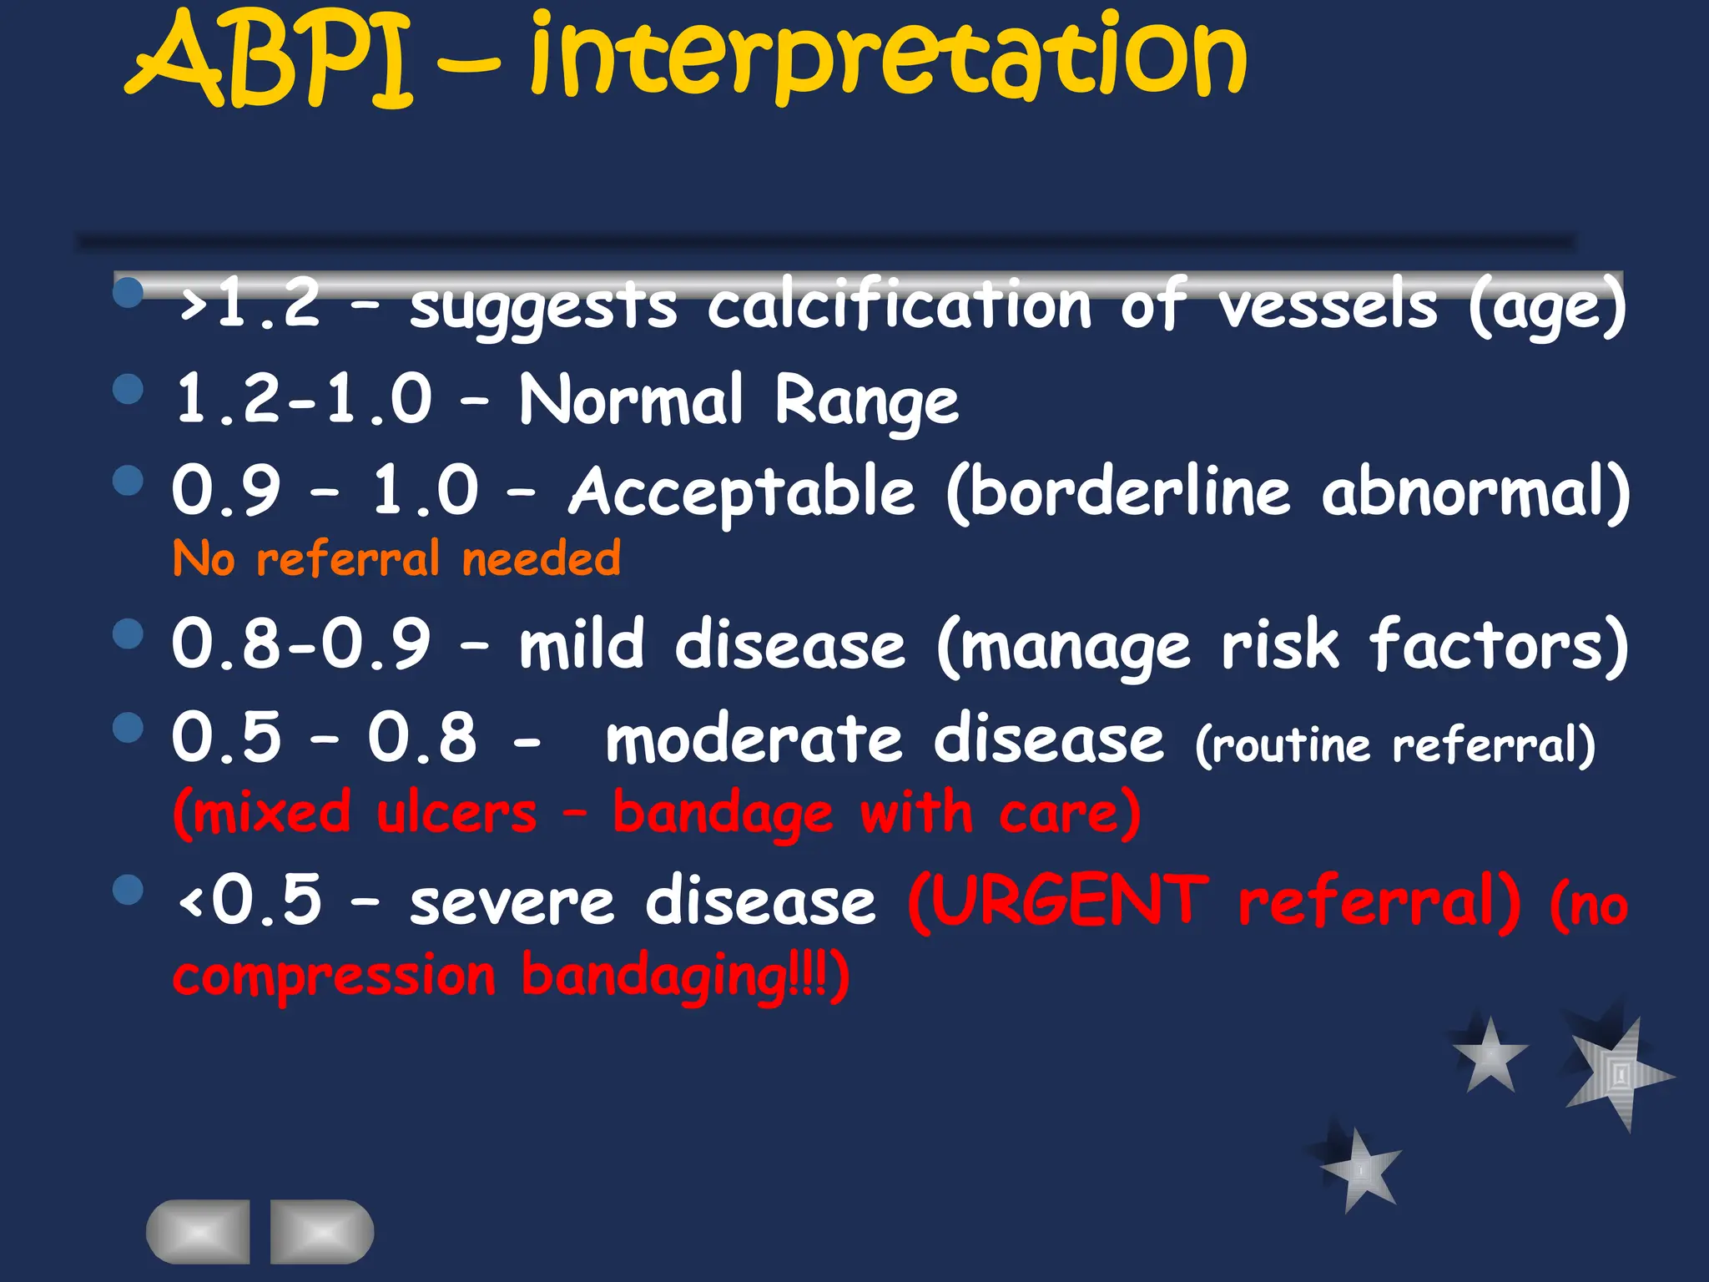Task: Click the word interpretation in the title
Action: click(x=889, y=58)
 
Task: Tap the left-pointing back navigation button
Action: click(x=199, y=1232)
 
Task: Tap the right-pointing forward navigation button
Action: click(x=321, y=1232)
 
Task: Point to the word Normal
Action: click(x=631, y=399)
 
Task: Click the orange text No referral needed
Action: click(x=397, y=558)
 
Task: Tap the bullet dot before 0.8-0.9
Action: click(x=128, y=633)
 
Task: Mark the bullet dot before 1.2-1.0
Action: click(x=128, y=389)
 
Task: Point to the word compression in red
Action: click(x=334, y=977)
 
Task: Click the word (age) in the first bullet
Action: click(x=1547, y=307)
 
